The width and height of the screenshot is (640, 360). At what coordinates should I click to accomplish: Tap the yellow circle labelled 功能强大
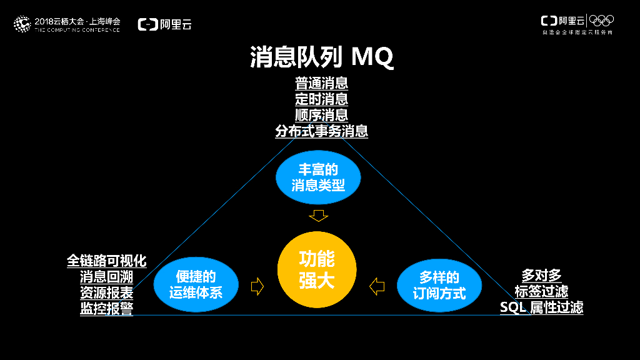pos(317,269)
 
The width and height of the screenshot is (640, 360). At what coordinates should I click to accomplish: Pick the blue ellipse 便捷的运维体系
pos(196,284)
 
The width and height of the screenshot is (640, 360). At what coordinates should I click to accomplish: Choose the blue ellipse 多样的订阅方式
pos(439,284)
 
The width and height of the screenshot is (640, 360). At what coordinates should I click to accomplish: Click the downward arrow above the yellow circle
pos(319,216)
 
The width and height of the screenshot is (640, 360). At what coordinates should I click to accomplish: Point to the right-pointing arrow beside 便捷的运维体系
pos(257,286)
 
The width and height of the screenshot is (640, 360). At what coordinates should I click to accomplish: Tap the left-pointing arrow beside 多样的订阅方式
pos(377,286)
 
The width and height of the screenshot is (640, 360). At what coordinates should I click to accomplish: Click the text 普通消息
pos(321,83)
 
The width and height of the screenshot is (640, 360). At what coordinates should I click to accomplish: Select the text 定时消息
pos(321,99)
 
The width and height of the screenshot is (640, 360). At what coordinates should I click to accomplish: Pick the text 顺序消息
pos(321,115)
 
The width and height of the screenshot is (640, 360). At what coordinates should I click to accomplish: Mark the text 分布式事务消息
pos(321,131)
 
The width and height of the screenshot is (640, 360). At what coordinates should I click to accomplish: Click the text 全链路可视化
pos(106,261)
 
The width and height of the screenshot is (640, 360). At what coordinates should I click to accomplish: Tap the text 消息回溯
pos(106,277)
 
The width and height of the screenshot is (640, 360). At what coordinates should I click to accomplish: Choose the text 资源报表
pos(106,292)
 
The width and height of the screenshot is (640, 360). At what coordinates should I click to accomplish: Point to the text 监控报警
pos(106,309)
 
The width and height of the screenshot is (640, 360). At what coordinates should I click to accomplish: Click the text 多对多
pos(541,275)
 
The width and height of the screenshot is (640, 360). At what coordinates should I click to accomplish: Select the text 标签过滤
pos(541,291)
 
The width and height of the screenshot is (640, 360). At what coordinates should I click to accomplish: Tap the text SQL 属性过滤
pos(541,307)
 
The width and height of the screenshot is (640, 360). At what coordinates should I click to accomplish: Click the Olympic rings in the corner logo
pos(602,21)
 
